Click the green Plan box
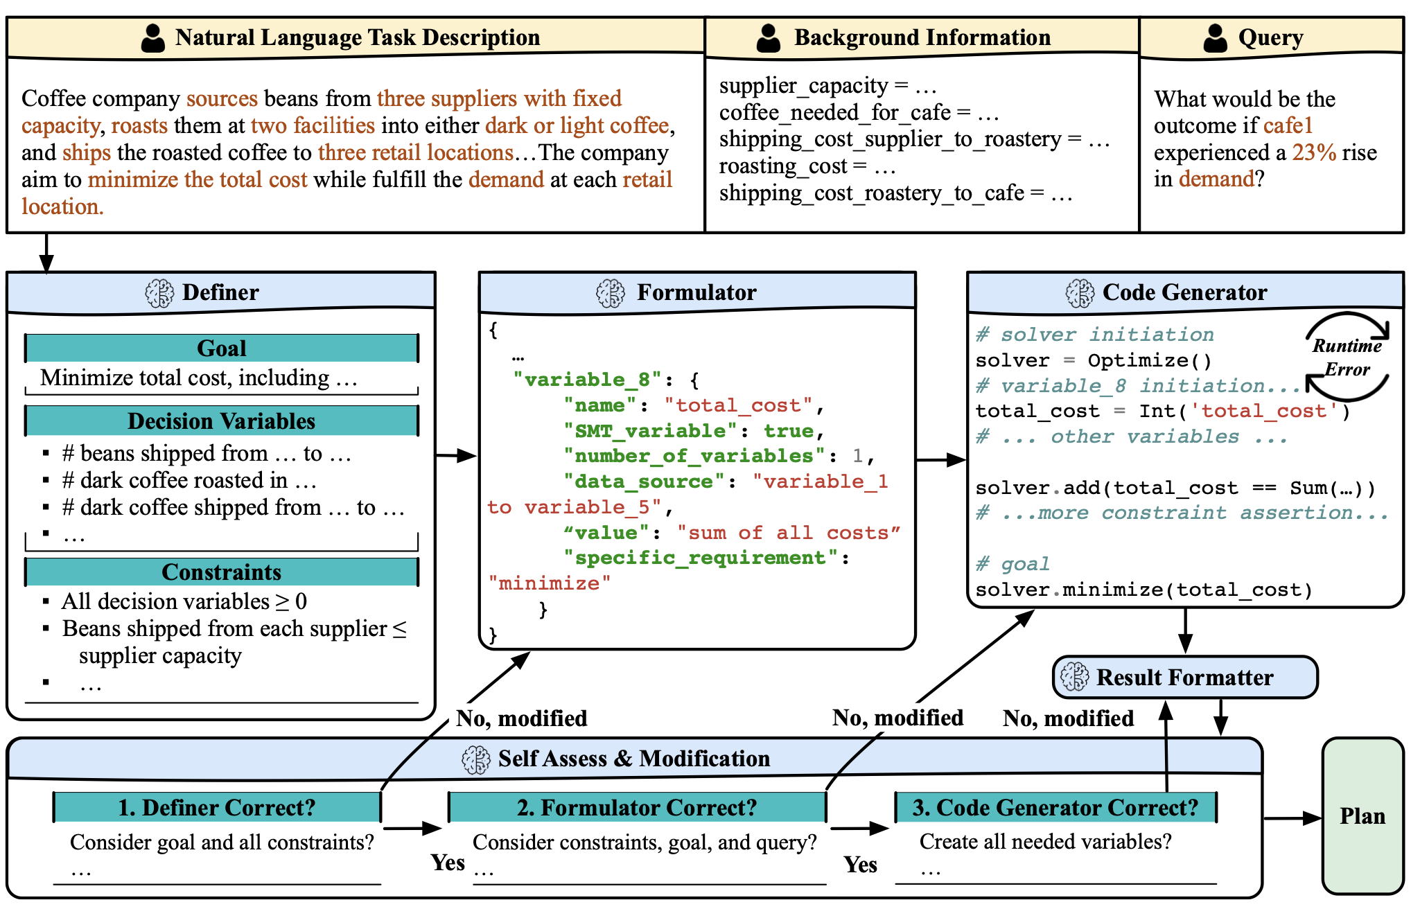coord(1362,816)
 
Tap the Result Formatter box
coord(1184,677)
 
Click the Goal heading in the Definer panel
coord(222,348)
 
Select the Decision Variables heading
coord(222,421)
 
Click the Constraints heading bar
coord(222,572)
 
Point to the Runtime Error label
coord(1347,358)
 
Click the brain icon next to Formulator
coord(611,293)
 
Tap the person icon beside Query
coord(1216,37)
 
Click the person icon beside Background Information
coord(769,37)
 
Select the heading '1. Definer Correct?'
coord(217,807)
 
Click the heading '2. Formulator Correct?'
coord(637,807)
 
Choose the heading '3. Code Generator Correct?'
coord(1055,807)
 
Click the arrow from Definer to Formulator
coord(456,455)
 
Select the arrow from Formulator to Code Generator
coord(941,459)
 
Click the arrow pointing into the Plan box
coord(1292,818)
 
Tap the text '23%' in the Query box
coord(1314,152)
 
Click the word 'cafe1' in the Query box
coord(1288,125)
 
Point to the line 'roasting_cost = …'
coord(807,166)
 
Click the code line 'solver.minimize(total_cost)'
coord(1144,590)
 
